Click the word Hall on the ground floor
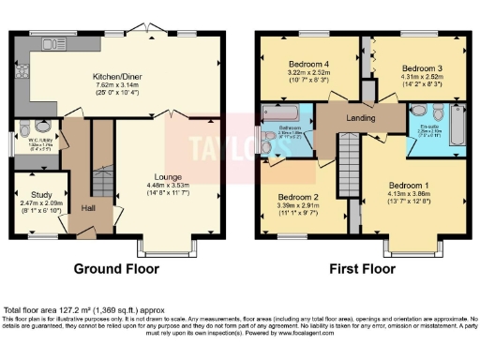click(x=88, y=208)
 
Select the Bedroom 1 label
click(x=408, y=183)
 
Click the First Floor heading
click(x=362, y=268)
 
